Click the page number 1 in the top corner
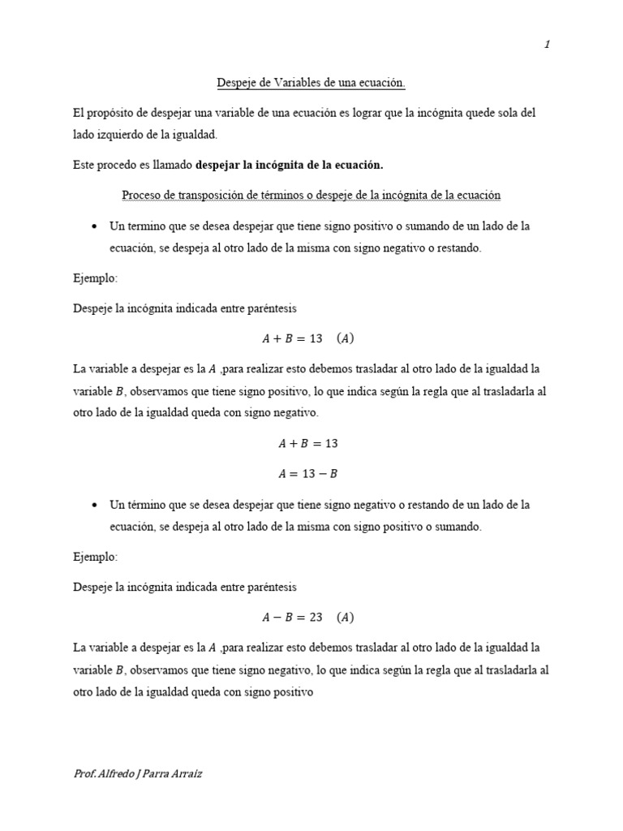click(x=548, y=45)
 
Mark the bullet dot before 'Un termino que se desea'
click(x=96, y=226)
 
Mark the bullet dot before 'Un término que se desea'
click(x=96, y=506)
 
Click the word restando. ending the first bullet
click(x=459, y=248)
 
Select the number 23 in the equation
click(x=316, y=618)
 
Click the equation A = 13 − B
click(x=307, y=474)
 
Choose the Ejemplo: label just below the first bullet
click(x=95, y=278)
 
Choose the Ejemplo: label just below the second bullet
click(x=95, y=558)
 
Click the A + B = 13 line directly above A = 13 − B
click(x=307, y=444)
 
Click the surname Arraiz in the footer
click(x=187, y=774)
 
